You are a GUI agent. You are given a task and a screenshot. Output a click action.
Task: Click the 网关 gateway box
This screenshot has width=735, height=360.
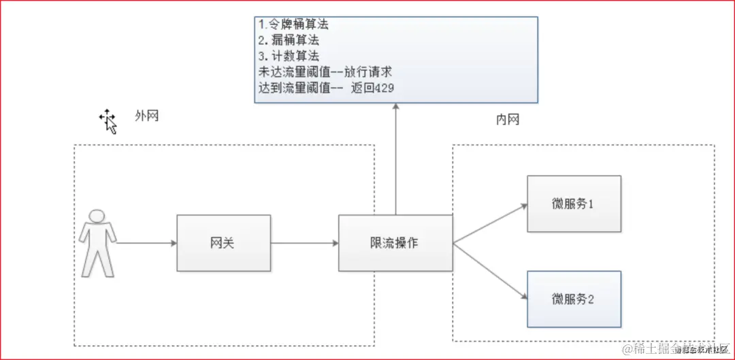coord(223,243)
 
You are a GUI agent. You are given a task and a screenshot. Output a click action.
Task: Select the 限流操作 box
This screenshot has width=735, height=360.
coord(395,243)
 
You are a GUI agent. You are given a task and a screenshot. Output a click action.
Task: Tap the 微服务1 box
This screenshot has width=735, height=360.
coord(574,203)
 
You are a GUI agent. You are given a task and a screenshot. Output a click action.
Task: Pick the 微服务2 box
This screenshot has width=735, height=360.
coord(574,298)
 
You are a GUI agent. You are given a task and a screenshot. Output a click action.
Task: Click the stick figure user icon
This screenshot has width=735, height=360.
coord(97,243)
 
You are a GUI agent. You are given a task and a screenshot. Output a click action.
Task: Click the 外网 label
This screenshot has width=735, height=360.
coord(146,116)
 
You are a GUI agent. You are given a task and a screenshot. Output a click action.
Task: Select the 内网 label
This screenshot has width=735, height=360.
coord(508,120)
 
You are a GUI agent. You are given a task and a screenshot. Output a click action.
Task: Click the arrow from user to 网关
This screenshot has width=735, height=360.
coord(146,242)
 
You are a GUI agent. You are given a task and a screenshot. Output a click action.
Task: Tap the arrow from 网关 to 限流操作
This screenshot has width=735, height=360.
coord(304,243)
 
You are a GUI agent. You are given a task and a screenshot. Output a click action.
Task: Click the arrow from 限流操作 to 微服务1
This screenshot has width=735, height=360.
coord(490,223)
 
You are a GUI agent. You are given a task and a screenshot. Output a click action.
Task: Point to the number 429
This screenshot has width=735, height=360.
coord(383,88)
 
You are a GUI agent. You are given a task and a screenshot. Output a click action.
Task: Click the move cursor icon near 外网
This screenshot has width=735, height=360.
coord(108,120)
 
